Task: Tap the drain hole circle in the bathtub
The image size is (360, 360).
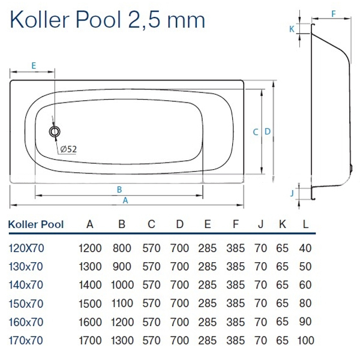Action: [55, 131]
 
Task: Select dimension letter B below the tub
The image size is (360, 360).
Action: [119, 190]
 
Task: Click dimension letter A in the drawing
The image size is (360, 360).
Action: [125, 200]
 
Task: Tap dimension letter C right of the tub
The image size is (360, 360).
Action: [255, 132]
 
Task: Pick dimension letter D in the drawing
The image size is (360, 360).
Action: [268, 132]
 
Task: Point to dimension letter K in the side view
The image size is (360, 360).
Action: [292, 28]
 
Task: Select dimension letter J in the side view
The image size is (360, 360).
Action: [292, 193]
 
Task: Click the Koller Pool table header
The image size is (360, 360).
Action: [36, 225]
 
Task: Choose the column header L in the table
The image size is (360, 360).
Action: [306, 225]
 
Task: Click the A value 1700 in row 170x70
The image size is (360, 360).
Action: [90, 341]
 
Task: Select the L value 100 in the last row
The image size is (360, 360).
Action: [306, 341]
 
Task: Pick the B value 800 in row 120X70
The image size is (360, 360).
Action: [122, 247]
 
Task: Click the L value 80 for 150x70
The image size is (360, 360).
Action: [306, 304]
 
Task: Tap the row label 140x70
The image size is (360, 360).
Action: [26, 285]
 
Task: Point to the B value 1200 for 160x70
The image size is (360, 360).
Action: [122, 322]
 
